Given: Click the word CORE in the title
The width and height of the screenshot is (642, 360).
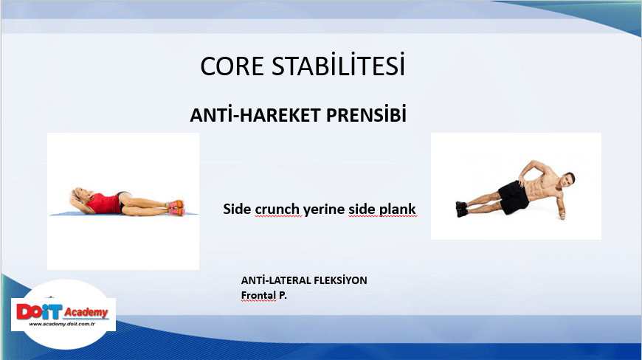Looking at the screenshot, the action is tap(232, 66).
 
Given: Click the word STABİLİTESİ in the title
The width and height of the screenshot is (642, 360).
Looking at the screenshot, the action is tap(339, 65).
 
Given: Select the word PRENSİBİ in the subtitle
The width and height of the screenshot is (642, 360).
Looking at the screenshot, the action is tap(366, 114).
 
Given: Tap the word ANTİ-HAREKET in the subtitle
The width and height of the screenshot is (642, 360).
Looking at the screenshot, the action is tap(255, 114).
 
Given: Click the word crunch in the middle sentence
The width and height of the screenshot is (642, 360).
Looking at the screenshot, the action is tap(277, 209).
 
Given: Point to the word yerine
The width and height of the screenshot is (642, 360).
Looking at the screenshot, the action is tap(324, 210).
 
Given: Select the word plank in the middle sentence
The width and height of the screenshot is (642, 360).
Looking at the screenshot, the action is tap(397, 210).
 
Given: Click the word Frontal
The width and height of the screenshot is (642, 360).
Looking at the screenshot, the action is tap(258, 295).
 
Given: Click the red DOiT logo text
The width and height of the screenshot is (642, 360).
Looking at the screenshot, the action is tap(39, 312).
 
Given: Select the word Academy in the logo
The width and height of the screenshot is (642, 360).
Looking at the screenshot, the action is tap(86, 313).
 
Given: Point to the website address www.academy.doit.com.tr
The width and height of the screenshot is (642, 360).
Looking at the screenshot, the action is tap(62, 324).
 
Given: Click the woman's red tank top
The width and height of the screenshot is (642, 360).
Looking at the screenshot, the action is tap(103, 204).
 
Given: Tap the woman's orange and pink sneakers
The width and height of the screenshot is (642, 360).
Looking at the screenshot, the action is tap(176, 208).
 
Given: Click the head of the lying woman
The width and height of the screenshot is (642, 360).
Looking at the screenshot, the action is tap(77, 195).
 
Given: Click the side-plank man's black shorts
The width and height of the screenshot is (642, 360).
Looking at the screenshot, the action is tap(513, 196).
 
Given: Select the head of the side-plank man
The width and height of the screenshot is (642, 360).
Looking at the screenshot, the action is tap(568, 179).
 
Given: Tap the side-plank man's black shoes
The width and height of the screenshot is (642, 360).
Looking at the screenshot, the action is tap(461, 209).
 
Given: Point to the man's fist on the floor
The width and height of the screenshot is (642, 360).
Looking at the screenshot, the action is tap(563, 215).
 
